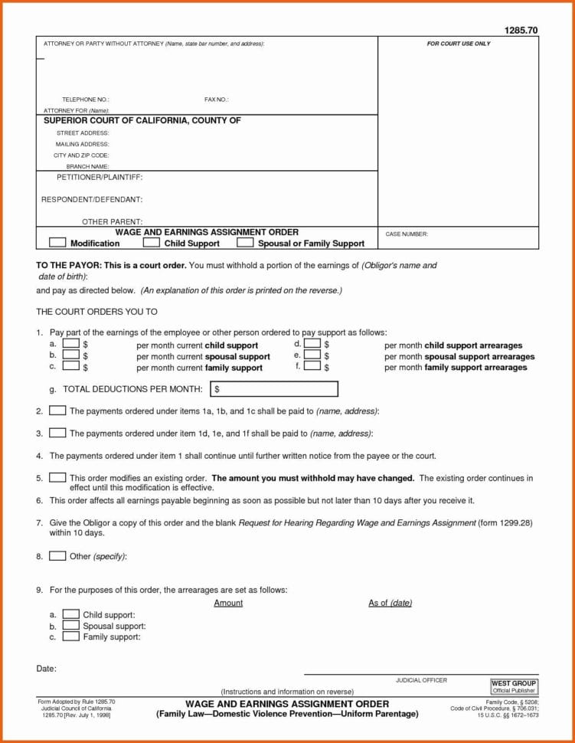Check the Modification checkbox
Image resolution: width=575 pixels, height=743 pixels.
(x=57, y=243)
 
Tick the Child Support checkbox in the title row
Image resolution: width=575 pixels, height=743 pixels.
(x=152, y=243)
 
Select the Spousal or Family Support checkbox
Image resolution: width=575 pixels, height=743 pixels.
(x=245, y=243)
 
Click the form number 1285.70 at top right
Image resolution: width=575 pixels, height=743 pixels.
(x=521, y=30)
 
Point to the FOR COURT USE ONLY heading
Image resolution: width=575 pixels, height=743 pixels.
(x=459, y=44)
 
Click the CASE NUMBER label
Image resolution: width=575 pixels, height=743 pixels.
(x=407, y=234)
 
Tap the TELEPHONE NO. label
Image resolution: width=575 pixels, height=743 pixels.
(x=86, y=100)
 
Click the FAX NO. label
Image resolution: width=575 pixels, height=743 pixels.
(x=217, y=100)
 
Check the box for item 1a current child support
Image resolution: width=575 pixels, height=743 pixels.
(x=70, y=345)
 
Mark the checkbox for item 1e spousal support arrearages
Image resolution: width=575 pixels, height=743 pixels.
(x=312, y=355)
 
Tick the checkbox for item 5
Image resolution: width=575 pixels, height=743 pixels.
(x=57, y=477)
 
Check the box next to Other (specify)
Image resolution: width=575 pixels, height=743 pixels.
(x=57, y=556)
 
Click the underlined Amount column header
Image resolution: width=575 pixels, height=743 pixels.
(x=228, y=603)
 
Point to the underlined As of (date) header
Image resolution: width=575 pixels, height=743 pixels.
(x=390, y=603)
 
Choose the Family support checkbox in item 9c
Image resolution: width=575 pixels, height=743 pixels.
(x=70, y=637)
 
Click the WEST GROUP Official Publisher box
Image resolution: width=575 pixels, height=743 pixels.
(x=514, y=686)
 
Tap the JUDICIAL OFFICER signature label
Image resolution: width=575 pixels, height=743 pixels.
(x=421, y=680)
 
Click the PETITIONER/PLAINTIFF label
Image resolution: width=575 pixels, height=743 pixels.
(x=100, y=177)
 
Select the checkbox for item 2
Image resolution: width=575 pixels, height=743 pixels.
(x=57, y=411)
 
